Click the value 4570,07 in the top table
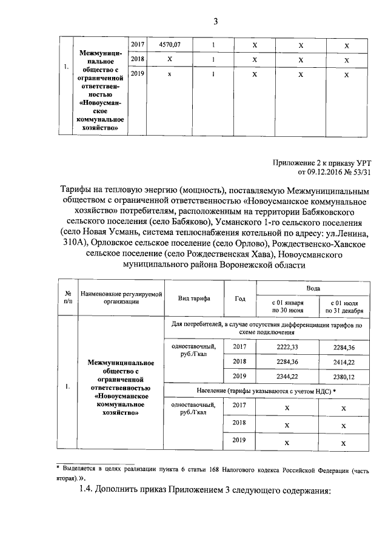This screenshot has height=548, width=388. [170, 45]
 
